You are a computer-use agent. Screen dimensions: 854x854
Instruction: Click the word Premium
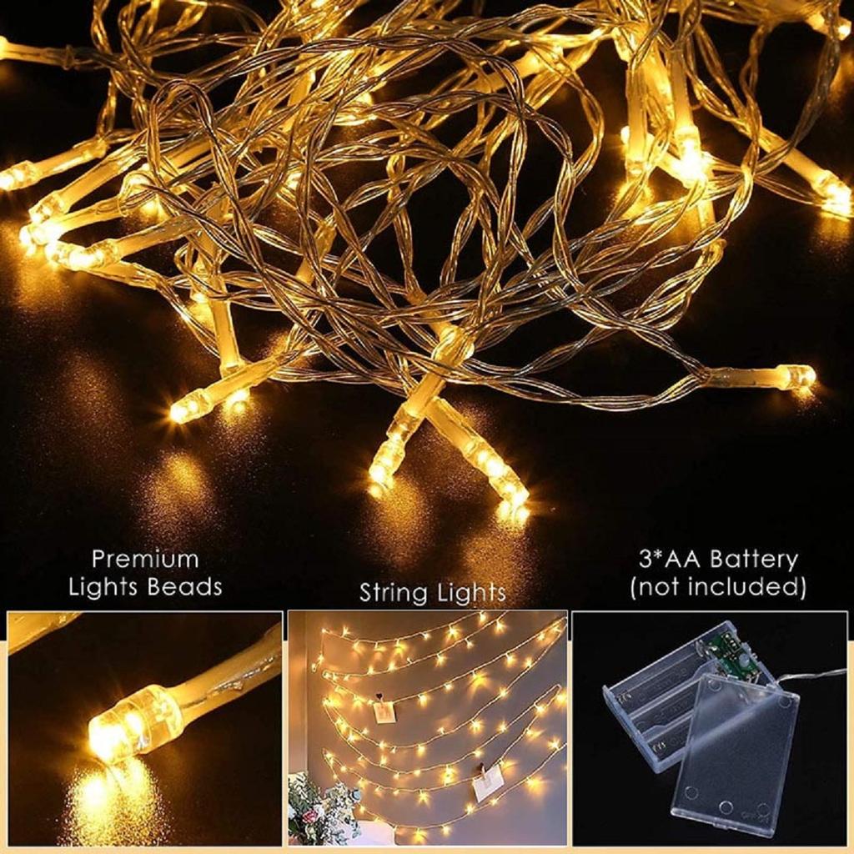click(x=145, y=558)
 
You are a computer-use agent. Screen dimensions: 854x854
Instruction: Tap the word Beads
click(x=184, y=586)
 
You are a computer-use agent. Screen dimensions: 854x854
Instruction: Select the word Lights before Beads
click(x=104, y=586)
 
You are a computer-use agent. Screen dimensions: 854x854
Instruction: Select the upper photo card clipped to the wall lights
click(x=384, y=709)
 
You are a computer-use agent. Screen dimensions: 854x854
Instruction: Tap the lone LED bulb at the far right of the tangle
click(x=796, y=377)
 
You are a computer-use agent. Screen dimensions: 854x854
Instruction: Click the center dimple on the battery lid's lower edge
click(x=726, y=808)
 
